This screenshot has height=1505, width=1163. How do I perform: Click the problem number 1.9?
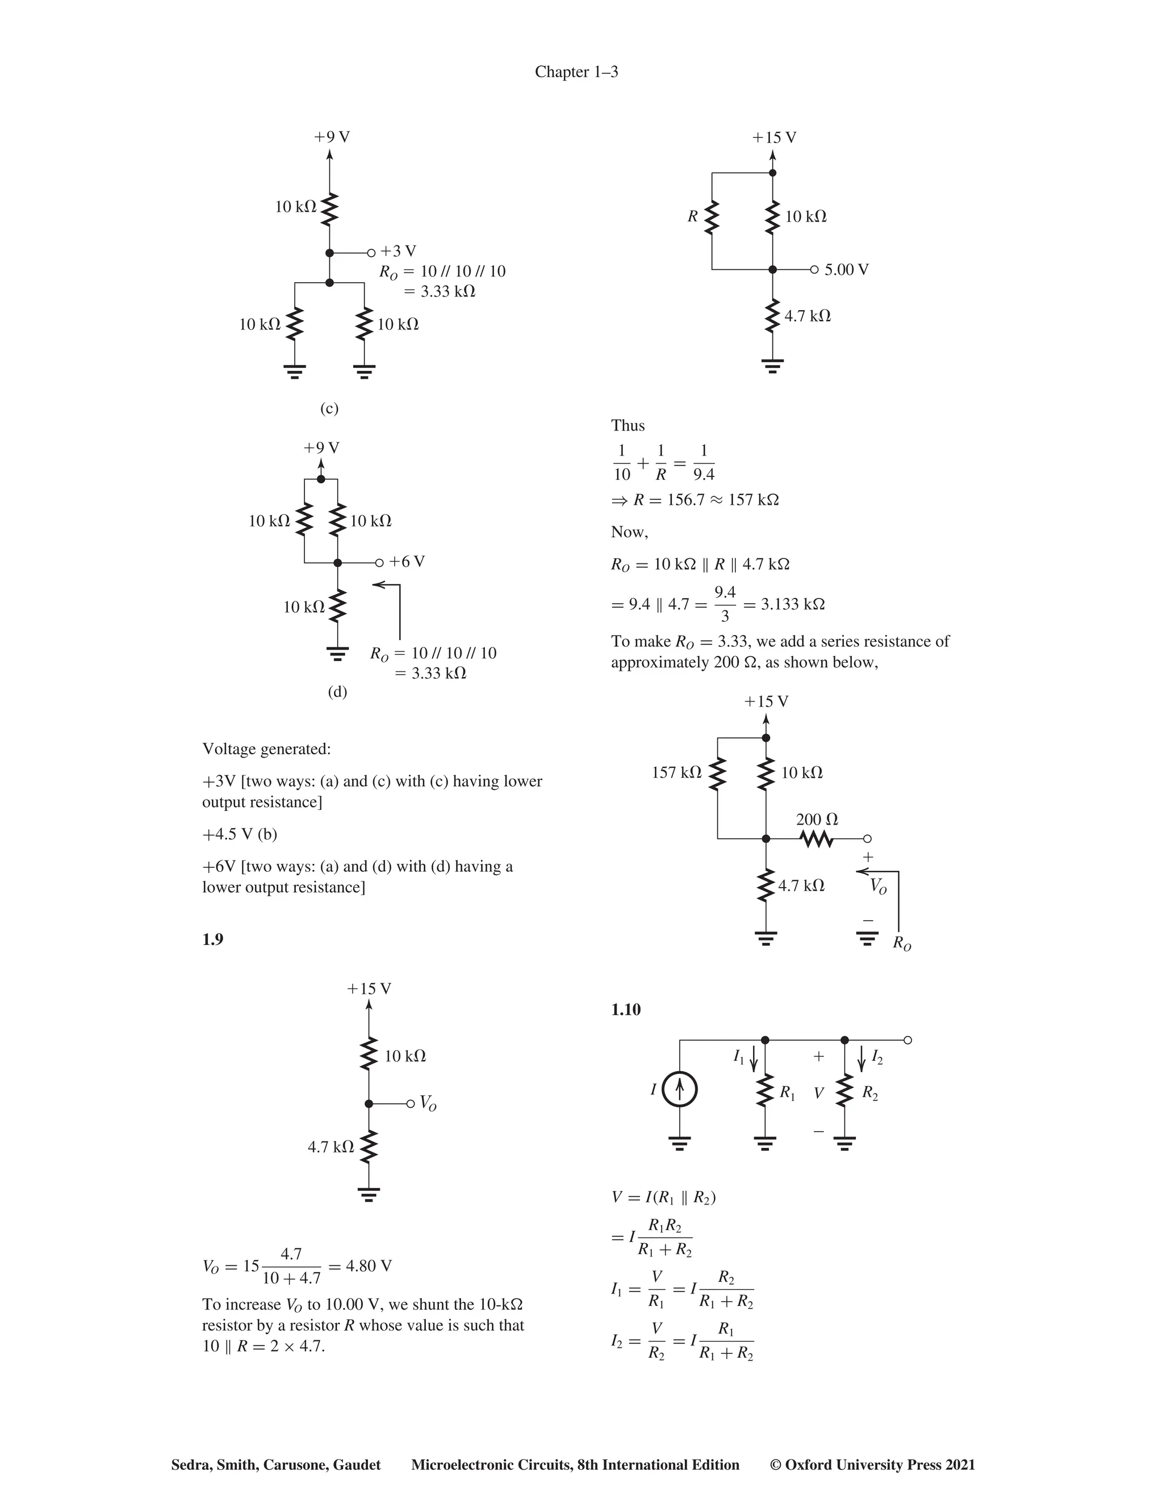(x=212, y=940)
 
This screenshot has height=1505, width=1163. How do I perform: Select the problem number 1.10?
(x=626, y=1010)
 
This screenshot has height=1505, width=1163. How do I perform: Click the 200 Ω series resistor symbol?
(x=817, y=839)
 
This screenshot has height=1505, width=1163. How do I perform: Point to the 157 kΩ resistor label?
(x=676, y=772)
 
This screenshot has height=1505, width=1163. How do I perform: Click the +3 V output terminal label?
(x=398, y=251)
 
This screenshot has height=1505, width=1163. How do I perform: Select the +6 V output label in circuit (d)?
(x=407, y=562)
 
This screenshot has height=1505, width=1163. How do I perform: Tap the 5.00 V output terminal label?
(x=846, y=269)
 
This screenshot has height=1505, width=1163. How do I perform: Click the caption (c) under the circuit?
(x=329, y=409)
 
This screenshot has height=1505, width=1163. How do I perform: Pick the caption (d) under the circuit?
(x=337, y=691)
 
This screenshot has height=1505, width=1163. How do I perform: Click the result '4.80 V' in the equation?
(x=369, y=1266)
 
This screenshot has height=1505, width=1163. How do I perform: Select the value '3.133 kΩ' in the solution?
(x=793, y=604)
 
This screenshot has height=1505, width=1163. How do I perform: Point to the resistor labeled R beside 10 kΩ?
(x=712, y=217)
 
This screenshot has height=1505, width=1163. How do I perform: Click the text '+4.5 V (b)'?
(x=240, y=834)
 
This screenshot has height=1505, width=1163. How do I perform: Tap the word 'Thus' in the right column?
(x=627, y=425)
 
